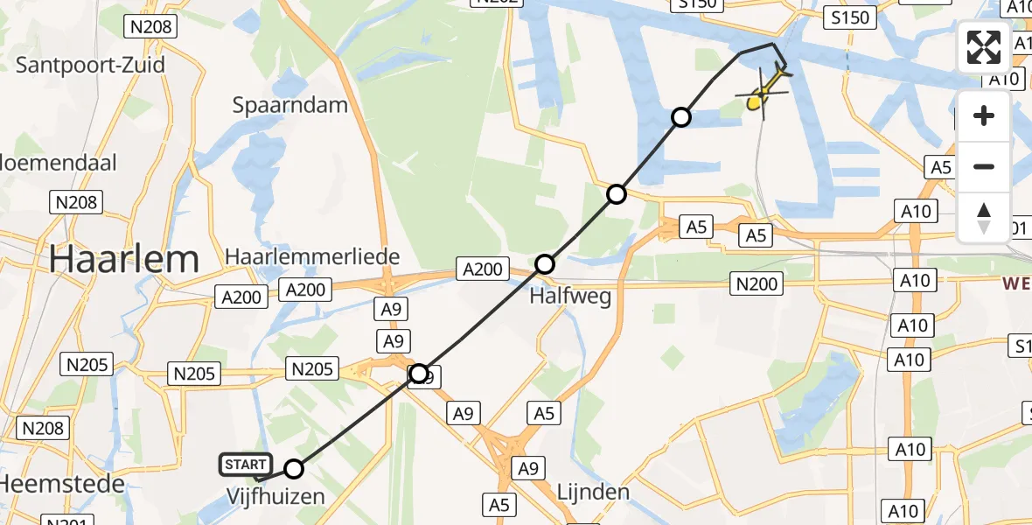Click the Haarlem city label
click(123, 259)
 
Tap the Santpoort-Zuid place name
click(90, 65)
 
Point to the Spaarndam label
click(289, 106)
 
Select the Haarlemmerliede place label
click(312, 257)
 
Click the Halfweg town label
click(570, 297)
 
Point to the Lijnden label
click(592, 492)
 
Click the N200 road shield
click(757, 283)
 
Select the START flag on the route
click(245, 465)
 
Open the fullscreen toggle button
click(984, 47)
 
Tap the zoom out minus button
click(984, 166)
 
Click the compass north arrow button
click(984, 217)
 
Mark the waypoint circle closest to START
click(294, 469)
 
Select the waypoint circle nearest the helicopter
click(680, 117)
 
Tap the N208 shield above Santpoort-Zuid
click(151, 26)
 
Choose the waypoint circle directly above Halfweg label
click(545, 263)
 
